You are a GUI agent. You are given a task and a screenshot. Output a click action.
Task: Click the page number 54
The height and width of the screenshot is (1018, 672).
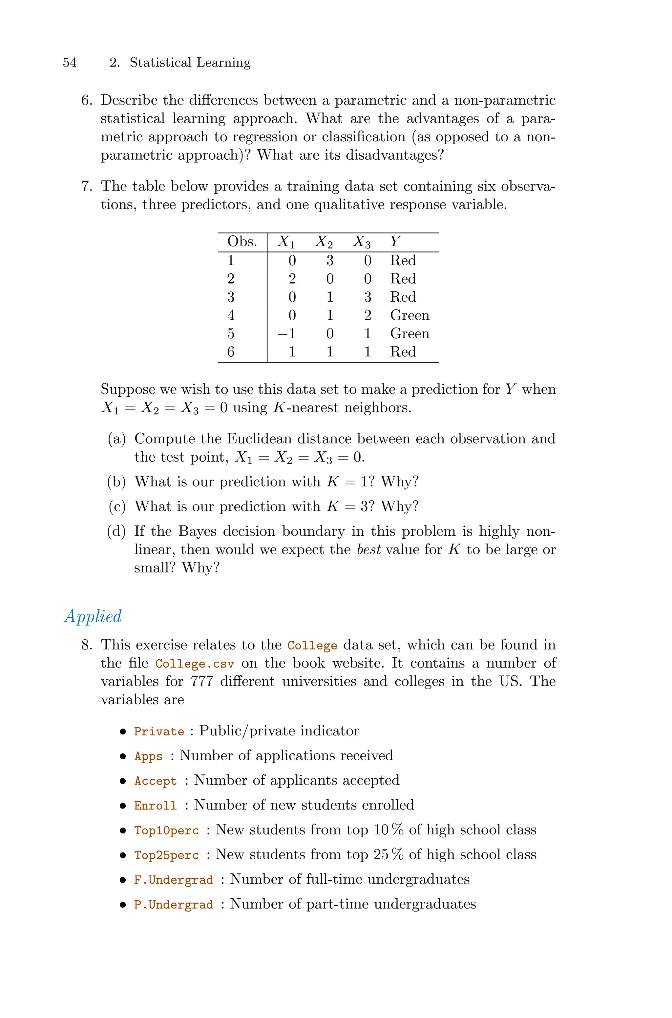(x=70, y=63)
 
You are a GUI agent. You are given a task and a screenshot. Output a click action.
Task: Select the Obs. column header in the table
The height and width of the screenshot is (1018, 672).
(x=242, y=242)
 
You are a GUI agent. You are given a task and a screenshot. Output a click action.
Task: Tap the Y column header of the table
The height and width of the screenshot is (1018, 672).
(x=395, y=242)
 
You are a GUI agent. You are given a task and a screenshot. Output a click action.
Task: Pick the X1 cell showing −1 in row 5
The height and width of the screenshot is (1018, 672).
(x=287, y=333)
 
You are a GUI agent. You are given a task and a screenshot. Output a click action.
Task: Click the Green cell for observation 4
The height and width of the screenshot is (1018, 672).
(x=409, y=315)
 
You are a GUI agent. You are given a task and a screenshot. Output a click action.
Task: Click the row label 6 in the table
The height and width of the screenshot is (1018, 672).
(x=231, y=352)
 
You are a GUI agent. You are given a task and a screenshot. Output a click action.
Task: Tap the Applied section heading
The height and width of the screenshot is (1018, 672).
(x=93, y=616)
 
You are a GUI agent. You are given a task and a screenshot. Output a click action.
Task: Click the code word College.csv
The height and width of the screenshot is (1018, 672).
(x=195, y=664)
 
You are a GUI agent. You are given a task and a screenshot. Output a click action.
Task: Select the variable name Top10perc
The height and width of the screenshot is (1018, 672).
(x=166, y=830)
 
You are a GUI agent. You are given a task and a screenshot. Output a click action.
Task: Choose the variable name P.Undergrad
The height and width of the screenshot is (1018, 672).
(x=174, y=905)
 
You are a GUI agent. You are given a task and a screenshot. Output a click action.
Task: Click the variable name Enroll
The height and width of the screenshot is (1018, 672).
(x=156, y=806)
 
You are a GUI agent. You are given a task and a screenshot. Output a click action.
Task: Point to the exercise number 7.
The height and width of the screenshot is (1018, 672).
(x=86, y=186)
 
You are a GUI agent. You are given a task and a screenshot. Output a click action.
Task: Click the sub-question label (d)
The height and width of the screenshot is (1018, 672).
(x=116, y=531)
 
